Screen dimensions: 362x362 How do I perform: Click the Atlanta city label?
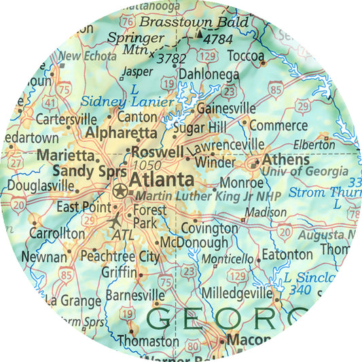161,180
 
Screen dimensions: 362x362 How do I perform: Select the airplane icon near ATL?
115,221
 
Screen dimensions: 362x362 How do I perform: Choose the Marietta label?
65,155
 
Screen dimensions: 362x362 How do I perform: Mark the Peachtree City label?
120,257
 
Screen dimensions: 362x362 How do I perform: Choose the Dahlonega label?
209,74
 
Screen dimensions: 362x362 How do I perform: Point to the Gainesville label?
225,109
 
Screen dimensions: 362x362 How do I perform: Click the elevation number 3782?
170,58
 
